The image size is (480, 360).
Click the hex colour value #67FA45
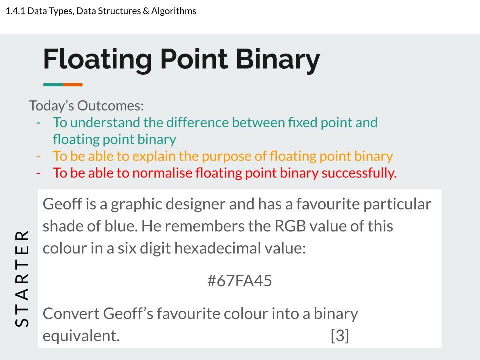(240, 281)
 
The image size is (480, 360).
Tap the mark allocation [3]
(340, 335)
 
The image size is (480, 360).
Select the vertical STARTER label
(22, 278)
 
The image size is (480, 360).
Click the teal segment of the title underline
(53, 85)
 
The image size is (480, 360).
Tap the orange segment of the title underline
(73, 85)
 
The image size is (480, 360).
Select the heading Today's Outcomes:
(86, 106)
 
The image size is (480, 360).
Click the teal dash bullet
(39, 122)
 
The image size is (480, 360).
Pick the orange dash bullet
(39, 156)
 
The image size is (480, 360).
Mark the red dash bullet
(39, 173)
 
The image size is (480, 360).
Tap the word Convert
(71, 314)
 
